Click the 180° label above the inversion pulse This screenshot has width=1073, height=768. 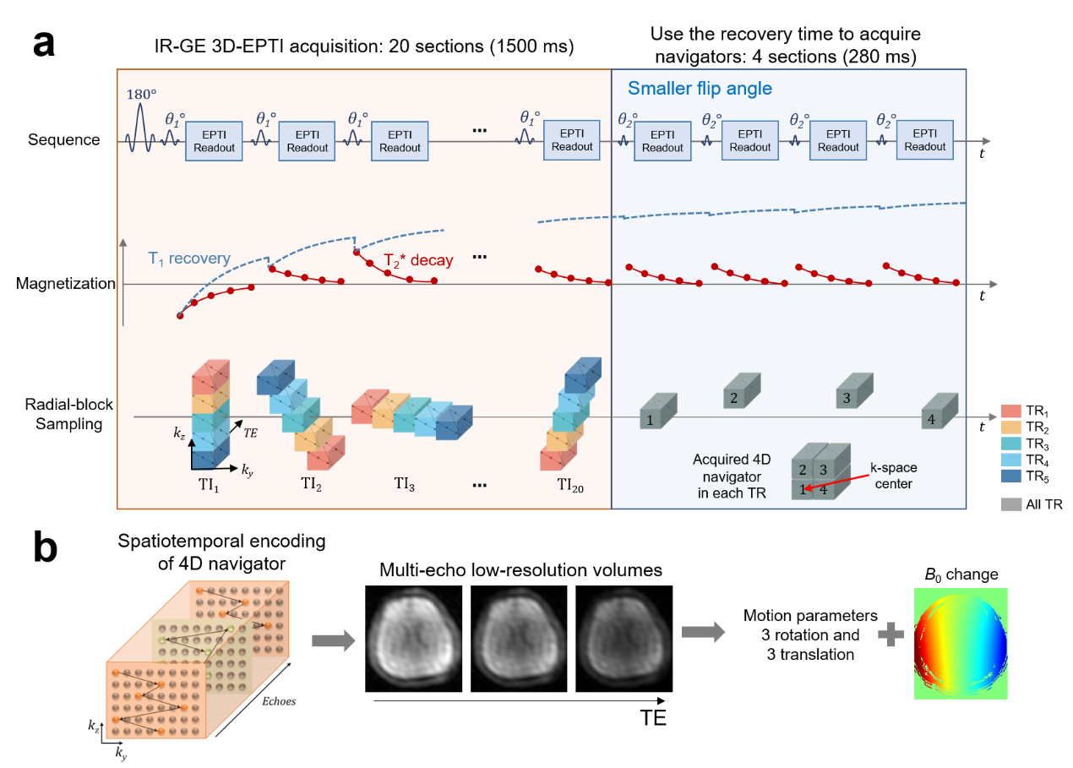(x=142, y=95)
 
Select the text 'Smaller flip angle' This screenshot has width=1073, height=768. (x=700, y=89)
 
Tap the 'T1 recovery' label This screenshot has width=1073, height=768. (x=189, y=259)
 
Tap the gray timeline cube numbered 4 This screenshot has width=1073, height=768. (x=939, y=411)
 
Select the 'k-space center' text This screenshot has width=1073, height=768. (x=894, y=475)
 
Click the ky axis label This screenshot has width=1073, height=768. (x=246, y=471)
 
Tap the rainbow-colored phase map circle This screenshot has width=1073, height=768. (x=961, y=644)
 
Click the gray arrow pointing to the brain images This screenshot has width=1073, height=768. (x=333, y=641)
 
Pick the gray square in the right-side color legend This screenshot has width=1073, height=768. (x=1011, y=504)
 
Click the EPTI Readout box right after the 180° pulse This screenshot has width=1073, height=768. (x=214, y=141)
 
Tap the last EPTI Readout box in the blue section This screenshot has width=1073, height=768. (x=925, y=140)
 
